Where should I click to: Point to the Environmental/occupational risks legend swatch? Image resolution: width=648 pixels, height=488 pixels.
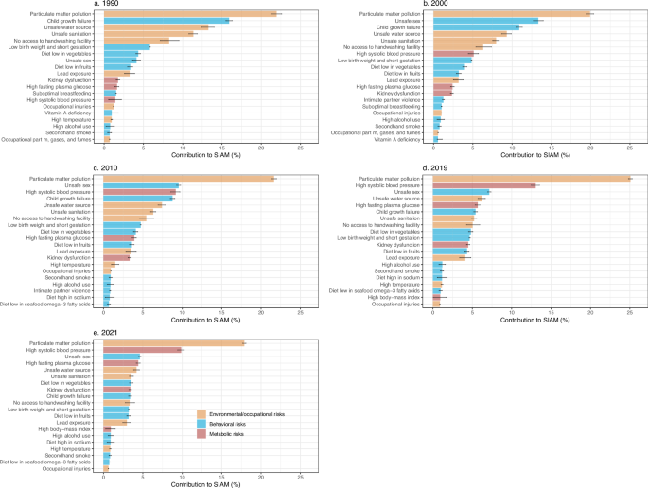pos(201,413)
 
